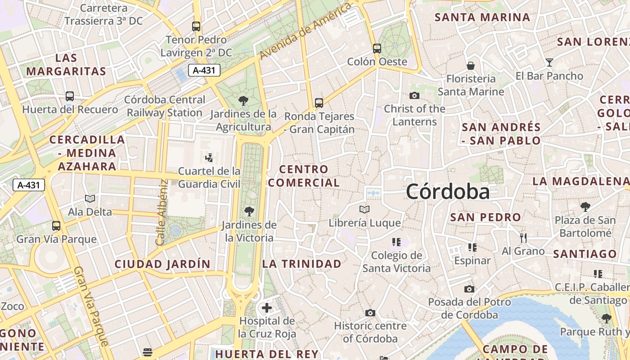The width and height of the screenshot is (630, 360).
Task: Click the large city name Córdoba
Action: click(x=448, y=192)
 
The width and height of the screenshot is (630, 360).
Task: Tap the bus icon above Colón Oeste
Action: click(x=377, y=48)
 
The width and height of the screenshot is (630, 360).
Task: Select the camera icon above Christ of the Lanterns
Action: click(x=414, y=95)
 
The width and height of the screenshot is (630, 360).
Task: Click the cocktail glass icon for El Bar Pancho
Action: click(x=549, y=63)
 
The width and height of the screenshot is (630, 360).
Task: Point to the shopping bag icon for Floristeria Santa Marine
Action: click(x=471, y=66)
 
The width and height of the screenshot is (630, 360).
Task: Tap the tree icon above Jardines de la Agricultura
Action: click(x=243, y=101)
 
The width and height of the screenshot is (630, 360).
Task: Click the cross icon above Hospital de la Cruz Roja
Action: click(x=267, y=308)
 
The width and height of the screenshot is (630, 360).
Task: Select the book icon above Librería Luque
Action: click(x=364, y=210)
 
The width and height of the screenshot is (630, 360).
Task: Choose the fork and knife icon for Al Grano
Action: click(x=523, y=238)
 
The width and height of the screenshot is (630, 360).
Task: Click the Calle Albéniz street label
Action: click(x=162, y=212)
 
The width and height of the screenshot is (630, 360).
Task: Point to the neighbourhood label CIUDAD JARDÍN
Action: click(x=162, y=264)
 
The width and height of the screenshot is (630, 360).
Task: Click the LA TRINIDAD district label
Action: click(x=302, y=264)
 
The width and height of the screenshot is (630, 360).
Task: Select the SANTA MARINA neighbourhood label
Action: click(x=482, y=18)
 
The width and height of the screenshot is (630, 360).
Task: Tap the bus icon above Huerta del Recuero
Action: click(x=70, y=96)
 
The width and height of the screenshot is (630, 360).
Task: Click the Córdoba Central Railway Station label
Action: click(x=165, y=106)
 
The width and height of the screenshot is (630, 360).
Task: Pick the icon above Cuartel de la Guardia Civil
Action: click(x=209, y=157)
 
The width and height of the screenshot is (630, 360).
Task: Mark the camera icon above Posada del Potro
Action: click(x=469, y=289)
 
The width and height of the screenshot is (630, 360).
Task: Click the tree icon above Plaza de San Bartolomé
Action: click(x=585, y=207)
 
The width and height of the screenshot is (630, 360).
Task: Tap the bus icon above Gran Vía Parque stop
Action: click(x=56, y=226)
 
